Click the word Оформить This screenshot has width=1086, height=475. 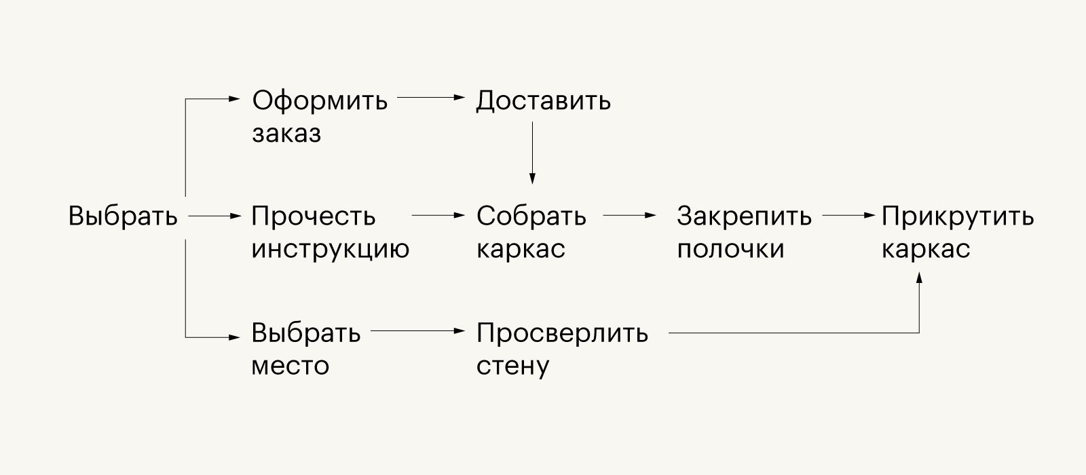[x=320, y=101]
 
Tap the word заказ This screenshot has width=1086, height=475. [x=286, y=133]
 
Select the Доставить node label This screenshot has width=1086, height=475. [x=543, y=102]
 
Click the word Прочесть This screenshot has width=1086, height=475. [x=313, y=216]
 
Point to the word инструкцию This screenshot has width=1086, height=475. [x=330, y=249]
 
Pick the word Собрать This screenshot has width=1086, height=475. [x=531, y=216]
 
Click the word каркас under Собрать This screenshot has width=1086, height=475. [x=521, y=249]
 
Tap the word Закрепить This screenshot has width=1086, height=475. [x=744, y=216]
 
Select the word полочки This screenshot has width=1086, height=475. [x=730, y=249]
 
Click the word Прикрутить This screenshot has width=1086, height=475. [x=958, y=216]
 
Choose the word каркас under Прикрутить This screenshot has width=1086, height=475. [x=926, y=249]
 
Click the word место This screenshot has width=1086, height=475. [x=290, y=366]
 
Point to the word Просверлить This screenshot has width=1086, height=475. [x=562, y=333]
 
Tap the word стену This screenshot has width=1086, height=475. [x=512, y=366]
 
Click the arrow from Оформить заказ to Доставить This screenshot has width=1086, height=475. [x=431, y=98]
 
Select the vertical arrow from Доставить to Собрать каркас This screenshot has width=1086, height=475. [x=532, y=153]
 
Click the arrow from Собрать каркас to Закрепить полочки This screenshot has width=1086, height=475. [x=630, y=215]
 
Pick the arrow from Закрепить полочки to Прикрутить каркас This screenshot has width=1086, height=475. [x=849, y=215]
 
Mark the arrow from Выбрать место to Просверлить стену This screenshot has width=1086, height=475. [x=418, y=331]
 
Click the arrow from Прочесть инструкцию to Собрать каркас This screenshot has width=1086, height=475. [x=438, y=215]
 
